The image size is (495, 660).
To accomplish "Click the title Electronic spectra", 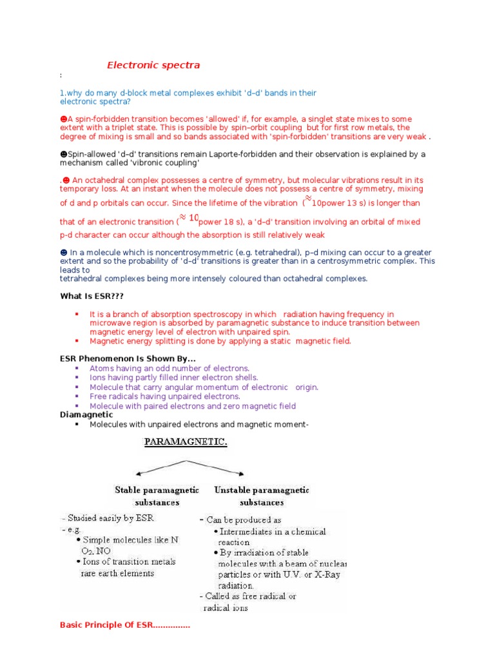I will point(153,65).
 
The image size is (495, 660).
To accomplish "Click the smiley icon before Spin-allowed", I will point(63,155).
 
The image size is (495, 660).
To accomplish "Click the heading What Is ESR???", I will point(92,295).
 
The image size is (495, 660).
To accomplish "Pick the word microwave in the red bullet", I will point(110,322).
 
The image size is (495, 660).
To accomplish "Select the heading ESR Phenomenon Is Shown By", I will point(128,358).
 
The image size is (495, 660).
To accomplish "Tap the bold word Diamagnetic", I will point(86,415).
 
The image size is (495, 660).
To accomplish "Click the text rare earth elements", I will point(117,574).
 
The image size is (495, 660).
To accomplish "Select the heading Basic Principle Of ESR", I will point(124,625).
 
